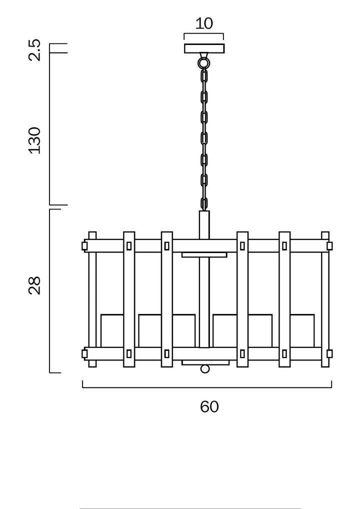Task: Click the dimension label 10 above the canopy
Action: [x=204, y=23]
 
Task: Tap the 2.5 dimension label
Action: [x=34, y=49]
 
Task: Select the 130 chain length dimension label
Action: [x=34, y=140]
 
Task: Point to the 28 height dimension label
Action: [x=34, y=285]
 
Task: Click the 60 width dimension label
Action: [x=209, y=406]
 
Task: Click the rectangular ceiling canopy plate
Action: [x=204, y=48]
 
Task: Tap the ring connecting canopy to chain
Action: [x=204, y=63]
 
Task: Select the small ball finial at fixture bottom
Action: [x=204, y=369]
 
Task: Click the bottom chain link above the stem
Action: [x=204, y=203]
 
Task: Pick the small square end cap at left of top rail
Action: [x=84, y=246]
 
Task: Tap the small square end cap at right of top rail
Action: [x=329, y=246]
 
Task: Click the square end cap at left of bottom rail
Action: [x=84, y=354]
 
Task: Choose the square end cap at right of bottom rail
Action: [x=329, y=354]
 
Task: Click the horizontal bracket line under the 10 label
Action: [x=204, y=34]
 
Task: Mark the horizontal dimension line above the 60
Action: [x=207, y=387]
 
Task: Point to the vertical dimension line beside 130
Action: [x=50, y=128]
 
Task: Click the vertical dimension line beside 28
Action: [x=50, y=291]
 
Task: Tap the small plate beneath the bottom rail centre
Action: [x=205, y=362]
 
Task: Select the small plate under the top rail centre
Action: [x=204, y=255]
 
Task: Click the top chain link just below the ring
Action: [x=204, y=76]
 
